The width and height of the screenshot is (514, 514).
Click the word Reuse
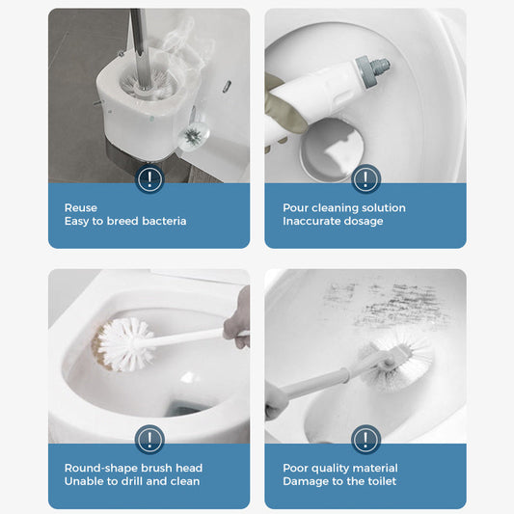(x=81, y=207)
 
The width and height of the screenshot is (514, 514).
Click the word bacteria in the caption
(x=160, y=221)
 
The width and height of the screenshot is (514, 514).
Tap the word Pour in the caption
(x=295, y=207)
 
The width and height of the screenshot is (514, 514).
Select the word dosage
(x=363, y=221)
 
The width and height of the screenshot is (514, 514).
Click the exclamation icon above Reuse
(x=149, y=179)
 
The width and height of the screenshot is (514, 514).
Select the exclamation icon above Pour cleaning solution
(x=365, y=179)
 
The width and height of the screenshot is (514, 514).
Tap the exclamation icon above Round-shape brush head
(x=149, y=440)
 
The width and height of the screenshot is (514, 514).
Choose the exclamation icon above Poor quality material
(x=365, y=440)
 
